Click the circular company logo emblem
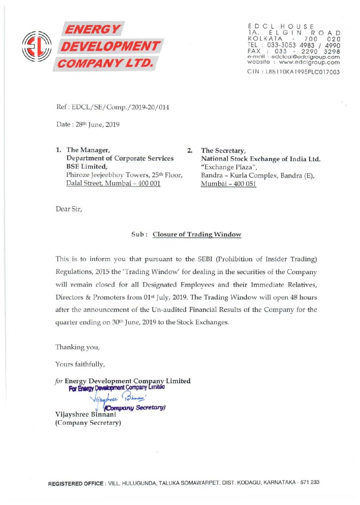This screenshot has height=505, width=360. (37, 46)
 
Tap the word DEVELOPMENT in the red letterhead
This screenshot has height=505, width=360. (110, 46)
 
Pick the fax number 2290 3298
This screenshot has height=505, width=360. (320, 52)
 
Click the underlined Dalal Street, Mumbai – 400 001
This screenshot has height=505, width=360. (113, 183)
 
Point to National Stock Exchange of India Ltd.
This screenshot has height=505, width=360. (260, 159)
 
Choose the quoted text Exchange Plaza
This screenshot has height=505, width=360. (229, 167)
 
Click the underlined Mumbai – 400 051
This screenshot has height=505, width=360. (228, 184)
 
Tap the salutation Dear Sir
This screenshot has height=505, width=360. (69, 209)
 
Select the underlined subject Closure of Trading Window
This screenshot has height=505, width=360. (197, 234)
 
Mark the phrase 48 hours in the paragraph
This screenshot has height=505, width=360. (303, 297)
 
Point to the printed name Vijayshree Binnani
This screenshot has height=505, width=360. (86, 414)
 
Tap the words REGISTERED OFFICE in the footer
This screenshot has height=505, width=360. (76, 483)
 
